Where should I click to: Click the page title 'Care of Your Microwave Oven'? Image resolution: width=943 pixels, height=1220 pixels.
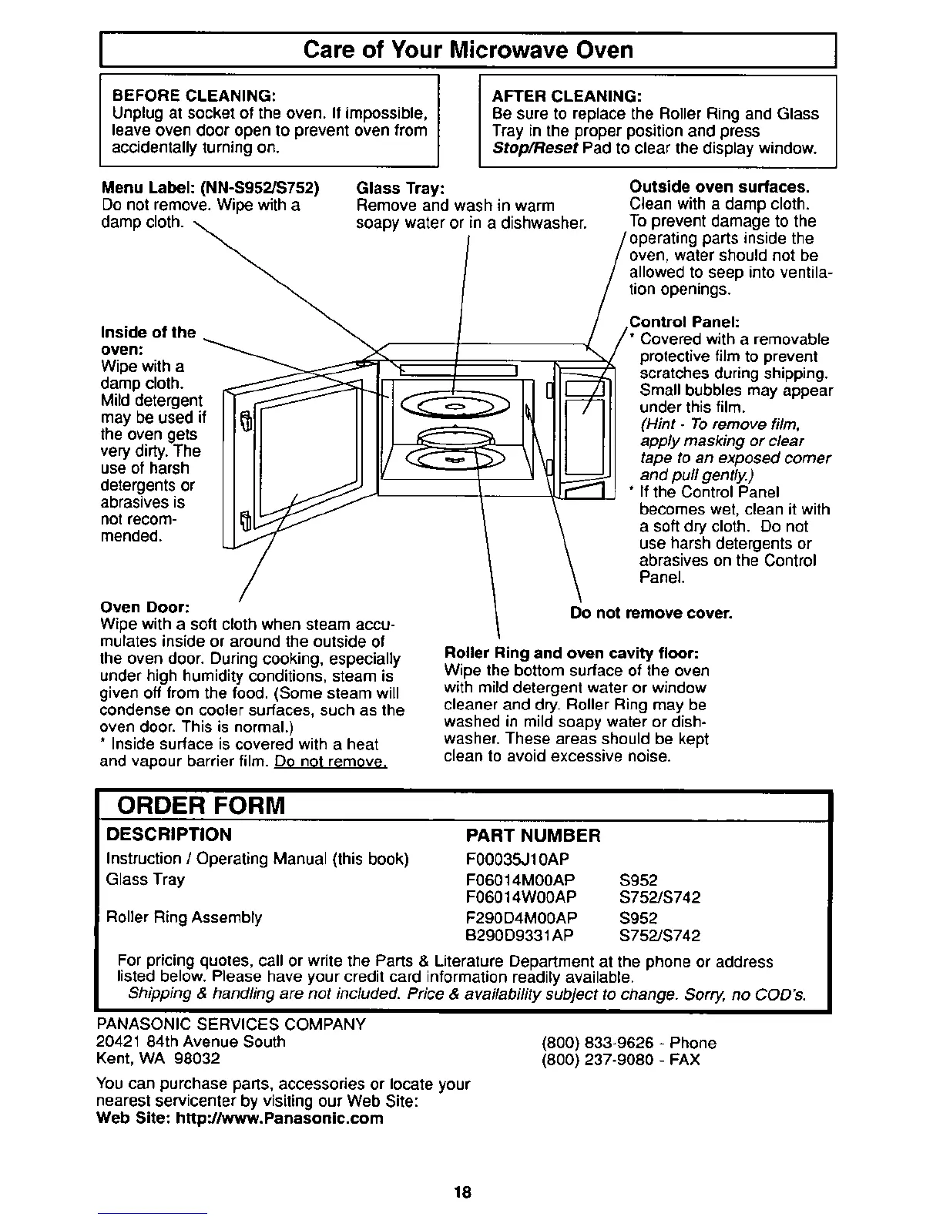click(468, 50)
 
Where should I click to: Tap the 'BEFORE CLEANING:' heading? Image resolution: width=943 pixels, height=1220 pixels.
click(195, 96)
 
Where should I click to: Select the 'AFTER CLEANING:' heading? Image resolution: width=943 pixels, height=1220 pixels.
click(566, 96)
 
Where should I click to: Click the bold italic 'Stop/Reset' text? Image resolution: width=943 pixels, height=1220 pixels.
click(535, 148)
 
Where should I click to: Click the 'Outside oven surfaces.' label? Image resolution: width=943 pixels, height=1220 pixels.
click(720, 187)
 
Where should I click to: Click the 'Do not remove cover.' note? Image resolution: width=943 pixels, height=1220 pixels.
click(651, 613)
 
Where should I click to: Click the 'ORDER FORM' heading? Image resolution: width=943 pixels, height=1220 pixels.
click(200, 806)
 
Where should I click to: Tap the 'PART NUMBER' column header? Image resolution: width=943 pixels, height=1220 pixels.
click(533, 836)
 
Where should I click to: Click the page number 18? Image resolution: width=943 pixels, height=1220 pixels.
click(462, 1193)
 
